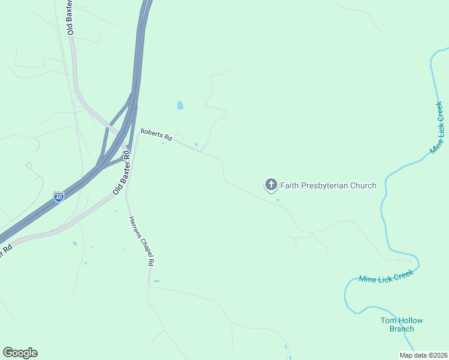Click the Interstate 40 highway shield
pos(58,197)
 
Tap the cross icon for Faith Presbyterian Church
pos(271,185)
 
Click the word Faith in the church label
pos(289,185)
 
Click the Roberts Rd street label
pos(156,135)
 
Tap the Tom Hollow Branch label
pos(402,325)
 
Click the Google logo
pos(20,353)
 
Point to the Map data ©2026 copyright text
pos(423,355)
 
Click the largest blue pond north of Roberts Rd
pos(180,106)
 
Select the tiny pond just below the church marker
pos(278,200)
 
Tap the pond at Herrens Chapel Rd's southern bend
pos(156,281)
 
